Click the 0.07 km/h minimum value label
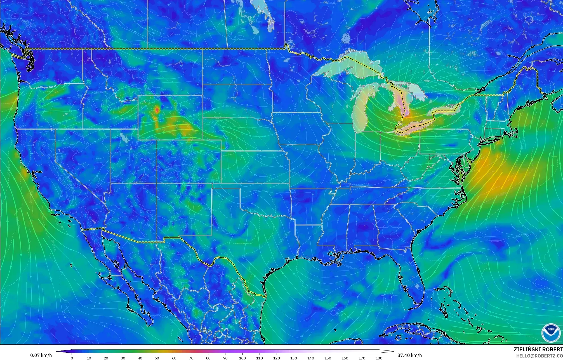click(41, 355)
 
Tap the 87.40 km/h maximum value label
click(409, 355)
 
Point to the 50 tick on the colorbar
click(157, 358)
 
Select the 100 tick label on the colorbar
click(242, 358)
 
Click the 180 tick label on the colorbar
click(379, 358)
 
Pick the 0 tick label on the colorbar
click(72, 358)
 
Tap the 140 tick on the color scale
click(311, 358)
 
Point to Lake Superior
click(347, 66)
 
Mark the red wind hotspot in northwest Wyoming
click(157, 110)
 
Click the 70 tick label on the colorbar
click(191, 358)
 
